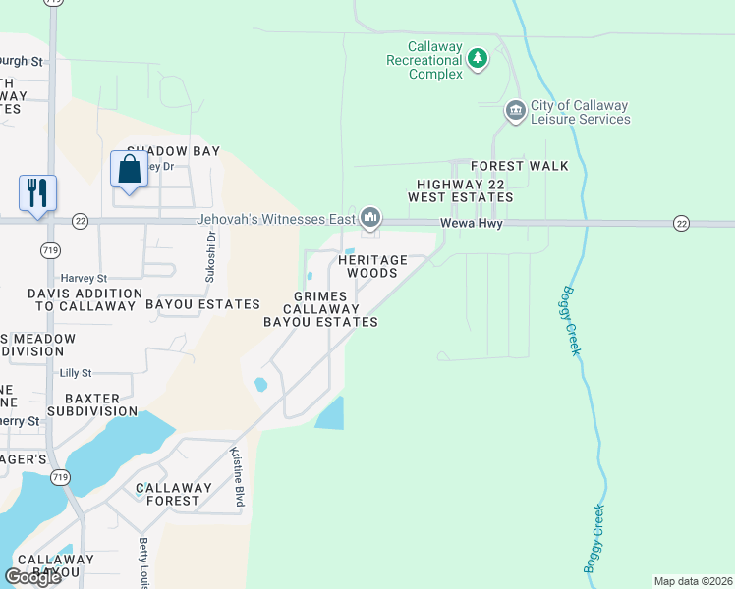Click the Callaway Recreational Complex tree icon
tap(478, 60)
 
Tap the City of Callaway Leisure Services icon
tap(515, 112)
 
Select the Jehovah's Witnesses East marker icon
tap(370, 216)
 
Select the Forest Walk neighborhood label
tap(519, 166)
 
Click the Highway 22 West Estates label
tap(465, 190)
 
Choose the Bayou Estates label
tap(202, 305)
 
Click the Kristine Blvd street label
tap(236, 477)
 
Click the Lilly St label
tap(75, 373)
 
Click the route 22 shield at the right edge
tap(681, 224)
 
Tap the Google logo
tap(32, 577)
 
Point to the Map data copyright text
tap(693, 581)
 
